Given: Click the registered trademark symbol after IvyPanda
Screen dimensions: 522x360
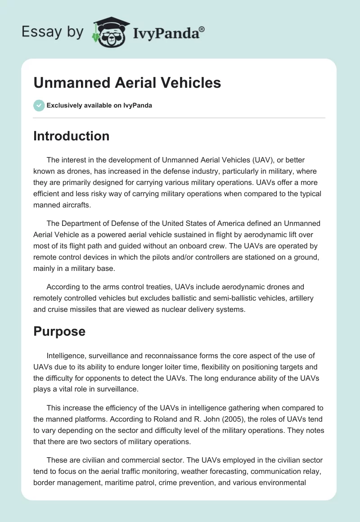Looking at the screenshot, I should (202, 28).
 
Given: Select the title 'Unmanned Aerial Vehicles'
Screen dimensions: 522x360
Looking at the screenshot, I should (127, 83).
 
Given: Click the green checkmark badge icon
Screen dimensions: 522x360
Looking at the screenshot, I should (39, 105).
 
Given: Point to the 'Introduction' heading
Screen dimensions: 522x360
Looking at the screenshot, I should (71, 136).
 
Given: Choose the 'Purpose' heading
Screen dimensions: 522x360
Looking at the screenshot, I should (59, 331).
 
